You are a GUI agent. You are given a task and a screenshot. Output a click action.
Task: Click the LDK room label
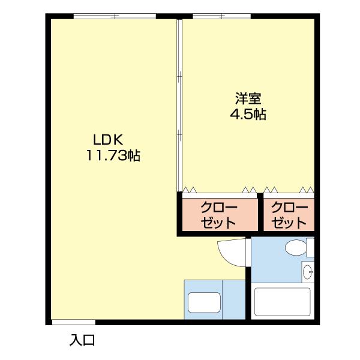pyautogui.click(x=108, y=140)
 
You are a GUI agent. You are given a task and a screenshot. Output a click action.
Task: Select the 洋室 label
pyautogui.click(x=248, y=98)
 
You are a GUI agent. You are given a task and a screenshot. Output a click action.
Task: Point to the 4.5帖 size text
pyautogui.click(x=248, y=114)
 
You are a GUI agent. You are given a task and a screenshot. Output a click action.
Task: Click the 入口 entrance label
pyautogui.click(x=82, y=341)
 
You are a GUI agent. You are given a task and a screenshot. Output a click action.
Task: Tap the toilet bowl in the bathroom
pyautogui.click(x=295, y=247)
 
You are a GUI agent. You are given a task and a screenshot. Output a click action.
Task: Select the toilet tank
pyautogui.click(x=310, y=247)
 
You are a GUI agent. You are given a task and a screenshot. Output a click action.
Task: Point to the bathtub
pyautogui.click(x=281, y=304)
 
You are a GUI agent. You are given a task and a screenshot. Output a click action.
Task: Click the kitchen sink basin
pyautogui.click(x=205, y=302)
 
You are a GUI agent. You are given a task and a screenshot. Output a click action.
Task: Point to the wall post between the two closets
pyautogui.click(x=261, y=212)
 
